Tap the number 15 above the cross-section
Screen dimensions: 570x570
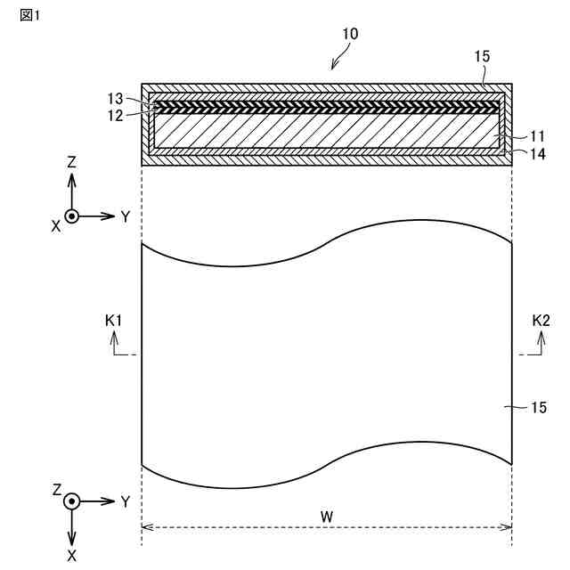click(482, 55)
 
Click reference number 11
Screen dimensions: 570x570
click(536, 136)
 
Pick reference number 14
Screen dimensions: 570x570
click(536, 154)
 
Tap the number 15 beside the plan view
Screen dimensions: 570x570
click(539, 408)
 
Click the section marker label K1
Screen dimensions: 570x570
click(113, 320)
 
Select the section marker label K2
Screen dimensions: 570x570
click(541, 320)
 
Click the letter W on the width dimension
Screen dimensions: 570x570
click(327, 516)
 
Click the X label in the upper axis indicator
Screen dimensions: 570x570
click(55, 227)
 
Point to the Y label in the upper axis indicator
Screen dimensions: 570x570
click(126, 216)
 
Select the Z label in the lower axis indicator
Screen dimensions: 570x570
click(56, 490)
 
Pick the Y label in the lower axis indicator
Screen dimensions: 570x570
click(126, 502)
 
